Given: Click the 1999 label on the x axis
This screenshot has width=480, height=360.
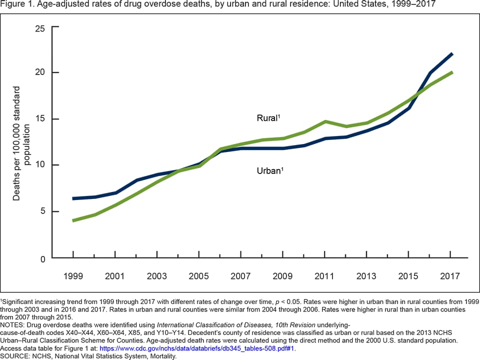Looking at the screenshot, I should click(73, 276).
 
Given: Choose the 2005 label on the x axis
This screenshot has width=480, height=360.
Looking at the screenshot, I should click(199, 276).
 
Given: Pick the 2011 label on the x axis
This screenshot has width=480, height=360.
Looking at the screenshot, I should click(325, 276).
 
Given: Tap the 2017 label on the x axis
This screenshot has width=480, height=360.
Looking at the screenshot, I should click(450, 276).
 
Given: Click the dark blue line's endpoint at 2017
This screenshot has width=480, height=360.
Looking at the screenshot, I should click(451, 53).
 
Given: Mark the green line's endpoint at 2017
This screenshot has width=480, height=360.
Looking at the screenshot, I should click(451, 72).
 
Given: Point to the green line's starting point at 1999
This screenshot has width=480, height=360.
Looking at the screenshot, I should click(73, 220).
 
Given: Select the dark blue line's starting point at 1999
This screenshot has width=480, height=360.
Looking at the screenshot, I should click(73, 198).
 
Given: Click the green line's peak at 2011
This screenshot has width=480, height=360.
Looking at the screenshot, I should click(325, 121).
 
